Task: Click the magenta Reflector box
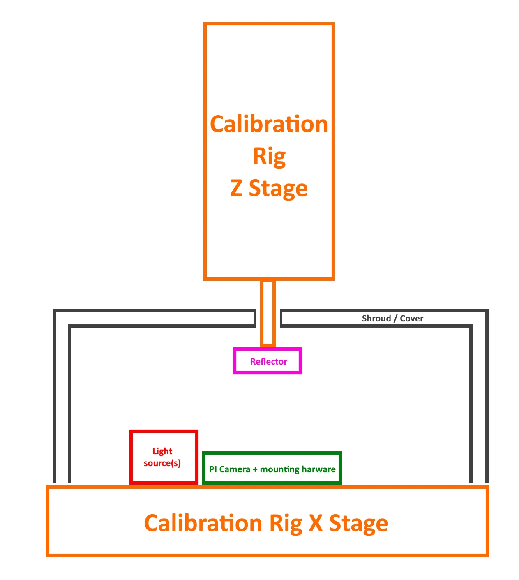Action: pyautogui.click(x=268, y=361)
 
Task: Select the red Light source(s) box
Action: pyautogui.click(x=164, y=457)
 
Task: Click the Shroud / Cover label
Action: pyautogui.click(x=392, y=318)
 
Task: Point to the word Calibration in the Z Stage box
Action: pyautogui.click(x=269, y=124)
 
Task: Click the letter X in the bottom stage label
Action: pyautogui.click(x=316, y=523)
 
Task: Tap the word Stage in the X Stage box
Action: pyautogui.click(x=358, y=523)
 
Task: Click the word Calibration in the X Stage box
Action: pyautogui.click(x=203, y=523)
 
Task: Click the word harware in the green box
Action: pyautogui.click(x=318, y=469)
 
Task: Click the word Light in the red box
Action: pyautogui.click(x=162, y=451)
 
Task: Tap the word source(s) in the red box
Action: pyautogui.click(x=162, y=463)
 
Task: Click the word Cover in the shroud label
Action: pyautogui.click(x=411, y=318)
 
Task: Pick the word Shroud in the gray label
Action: pyautogui.click(x=376, y=318)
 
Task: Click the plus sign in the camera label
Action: pyautogui.click(x=255, y=469)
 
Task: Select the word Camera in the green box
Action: pyautogui.click(x=235, y=469)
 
